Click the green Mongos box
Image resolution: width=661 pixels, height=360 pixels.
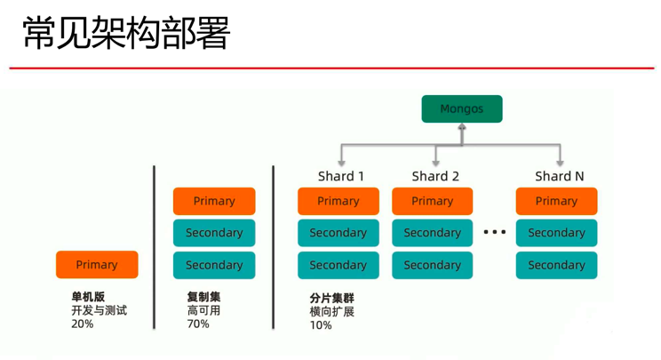tap(461, 109)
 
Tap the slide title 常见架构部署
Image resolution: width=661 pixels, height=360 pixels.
tap(126, 34)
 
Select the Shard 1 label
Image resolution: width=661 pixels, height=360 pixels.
tap(341, 176)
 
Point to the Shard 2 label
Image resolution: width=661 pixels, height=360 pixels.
tap(435, 176)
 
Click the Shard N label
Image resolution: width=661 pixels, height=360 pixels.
tap(560, 176)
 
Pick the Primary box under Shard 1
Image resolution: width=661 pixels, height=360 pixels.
tap(338, 201)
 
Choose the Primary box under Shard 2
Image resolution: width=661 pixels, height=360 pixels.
tap(433, 201)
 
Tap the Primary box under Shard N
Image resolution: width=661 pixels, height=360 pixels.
tap(556, 201)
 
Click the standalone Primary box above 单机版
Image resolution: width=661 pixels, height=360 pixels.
tap(97, 265)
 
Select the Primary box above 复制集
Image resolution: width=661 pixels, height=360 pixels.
tap(214, 201)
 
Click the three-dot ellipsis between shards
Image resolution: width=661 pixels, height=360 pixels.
tap(494, 232)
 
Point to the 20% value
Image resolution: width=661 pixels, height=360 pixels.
tap(83, 324)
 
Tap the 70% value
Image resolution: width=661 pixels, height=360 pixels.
tap(198, 324)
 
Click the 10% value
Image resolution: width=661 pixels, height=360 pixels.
tap(321, 325)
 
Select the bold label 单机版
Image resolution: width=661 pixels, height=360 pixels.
tap(88, 297)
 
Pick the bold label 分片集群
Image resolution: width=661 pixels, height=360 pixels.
tap(332, 299)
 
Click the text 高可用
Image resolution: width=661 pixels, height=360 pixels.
tap(203, 310)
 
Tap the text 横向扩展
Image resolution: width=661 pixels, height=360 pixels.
tap(332, 312)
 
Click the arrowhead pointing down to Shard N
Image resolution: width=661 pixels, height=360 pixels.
tap(560, 162)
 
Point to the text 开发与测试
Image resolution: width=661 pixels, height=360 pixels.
tap(100, 310)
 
